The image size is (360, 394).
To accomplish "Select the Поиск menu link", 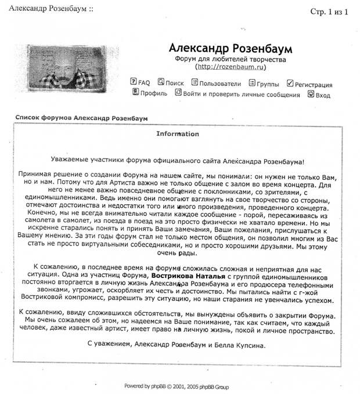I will [174, 84].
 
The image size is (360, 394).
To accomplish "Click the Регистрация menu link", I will [313, 85].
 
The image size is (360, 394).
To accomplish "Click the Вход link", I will [323, 95].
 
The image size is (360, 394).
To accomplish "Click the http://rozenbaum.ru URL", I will [231, 67].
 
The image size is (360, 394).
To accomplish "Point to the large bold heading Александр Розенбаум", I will [231, 47].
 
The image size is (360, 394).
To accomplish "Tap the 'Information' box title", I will [178, 134].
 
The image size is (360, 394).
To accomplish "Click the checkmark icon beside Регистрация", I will [290, 84].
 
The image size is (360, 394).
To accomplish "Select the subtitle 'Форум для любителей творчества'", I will [231, 59].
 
